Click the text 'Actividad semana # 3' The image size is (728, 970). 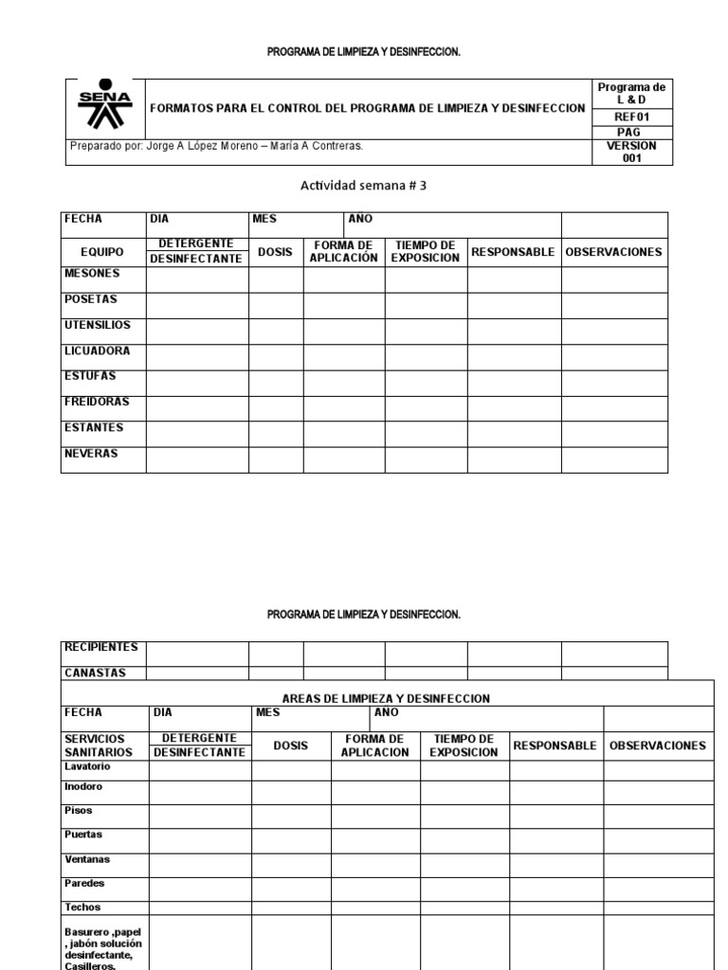point(363,186)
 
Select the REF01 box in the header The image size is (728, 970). point(631,117)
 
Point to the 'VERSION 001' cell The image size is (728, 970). point(631,153)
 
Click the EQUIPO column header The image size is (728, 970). point(102,253)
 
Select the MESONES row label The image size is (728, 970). point(92,274)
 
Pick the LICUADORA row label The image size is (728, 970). point(97,350)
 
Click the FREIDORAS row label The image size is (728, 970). point(97,402)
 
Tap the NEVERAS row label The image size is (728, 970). point(91,454)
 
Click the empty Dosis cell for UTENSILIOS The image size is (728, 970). point(276,332)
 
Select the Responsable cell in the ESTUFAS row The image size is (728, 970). point(514,383)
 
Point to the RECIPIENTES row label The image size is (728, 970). point(100,648)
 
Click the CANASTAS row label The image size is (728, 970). point(95,674)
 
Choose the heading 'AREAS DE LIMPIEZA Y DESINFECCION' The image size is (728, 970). point(386,698)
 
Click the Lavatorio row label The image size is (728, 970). point(88,765)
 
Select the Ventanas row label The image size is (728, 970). point(87,859)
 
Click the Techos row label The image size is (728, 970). point(82,907)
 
